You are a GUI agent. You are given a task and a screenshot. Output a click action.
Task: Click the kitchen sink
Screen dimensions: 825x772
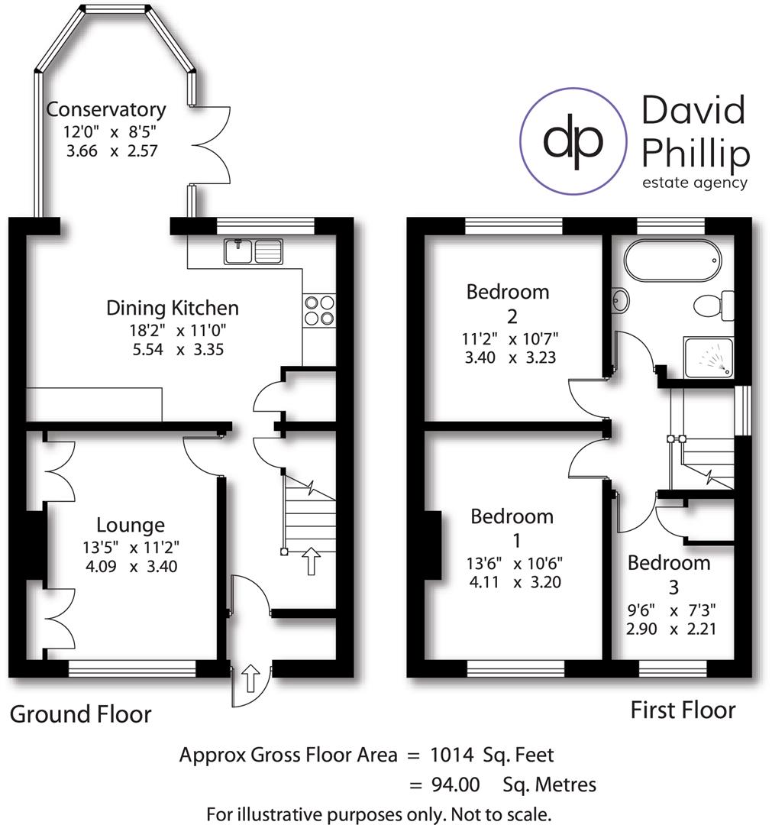pos(253,251)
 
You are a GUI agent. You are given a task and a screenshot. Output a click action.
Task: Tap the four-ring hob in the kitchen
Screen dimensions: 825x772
pos(319,311)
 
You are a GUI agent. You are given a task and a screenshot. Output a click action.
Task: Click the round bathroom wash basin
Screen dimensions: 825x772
pos(619,300)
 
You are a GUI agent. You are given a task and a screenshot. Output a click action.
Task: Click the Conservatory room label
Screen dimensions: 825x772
pos(105,110)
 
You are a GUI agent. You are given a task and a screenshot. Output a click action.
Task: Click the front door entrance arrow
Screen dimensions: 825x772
pos(250,676)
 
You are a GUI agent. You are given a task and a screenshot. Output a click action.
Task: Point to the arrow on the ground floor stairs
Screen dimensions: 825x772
pos(311,560)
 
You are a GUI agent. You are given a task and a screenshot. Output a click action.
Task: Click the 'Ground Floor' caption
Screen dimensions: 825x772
pos(80,714)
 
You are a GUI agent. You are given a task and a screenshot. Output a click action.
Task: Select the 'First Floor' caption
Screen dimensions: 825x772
pos(683,710)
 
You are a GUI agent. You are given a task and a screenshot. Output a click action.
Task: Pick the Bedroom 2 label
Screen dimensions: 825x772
pos(507,302)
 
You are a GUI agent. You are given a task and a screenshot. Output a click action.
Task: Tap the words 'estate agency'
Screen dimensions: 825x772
pos(693,183)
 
